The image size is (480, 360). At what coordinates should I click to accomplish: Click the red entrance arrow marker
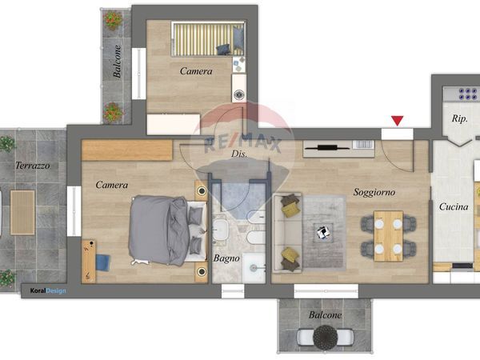(398, 121)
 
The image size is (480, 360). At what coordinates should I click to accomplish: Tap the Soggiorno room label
(374, 192)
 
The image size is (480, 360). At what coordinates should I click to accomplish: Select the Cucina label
(454, 207)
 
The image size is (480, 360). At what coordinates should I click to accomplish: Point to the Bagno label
(226, 258)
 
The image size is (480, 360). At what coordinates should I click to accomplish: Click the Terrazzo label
(33, 166)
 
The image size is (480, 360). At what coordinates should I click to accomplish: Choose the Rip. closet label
(459, 118)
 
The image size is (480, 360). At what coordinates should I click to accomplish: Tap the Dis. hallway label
(239, 154)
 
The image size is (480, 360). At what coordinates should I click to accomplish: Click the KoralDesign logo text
(48, 291)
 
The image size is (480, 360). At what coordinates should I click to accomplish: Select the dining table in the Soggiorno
(389, 236)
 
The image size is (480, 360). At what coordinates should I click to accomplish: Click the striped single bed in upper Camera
(209, 38)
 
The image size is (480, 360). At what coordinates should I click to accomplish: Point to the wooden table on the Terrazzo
(22, 213)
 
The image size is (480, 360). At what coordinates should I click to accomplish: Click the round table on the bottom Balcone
(325, 336)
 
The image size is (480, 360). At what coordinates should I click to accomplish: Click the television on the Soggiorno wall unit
(327, 148)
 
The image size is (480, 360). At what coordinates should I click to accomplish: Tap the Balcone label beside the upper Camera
(117, 62)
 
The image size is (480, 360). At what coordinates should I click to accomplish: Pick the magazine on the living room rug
(323, 232)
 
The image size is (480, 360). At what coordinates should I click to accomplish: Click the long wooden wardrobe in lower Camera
(127, 150)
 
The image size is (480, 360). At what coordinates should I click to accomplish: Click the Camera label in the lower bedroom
(112, 185)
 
